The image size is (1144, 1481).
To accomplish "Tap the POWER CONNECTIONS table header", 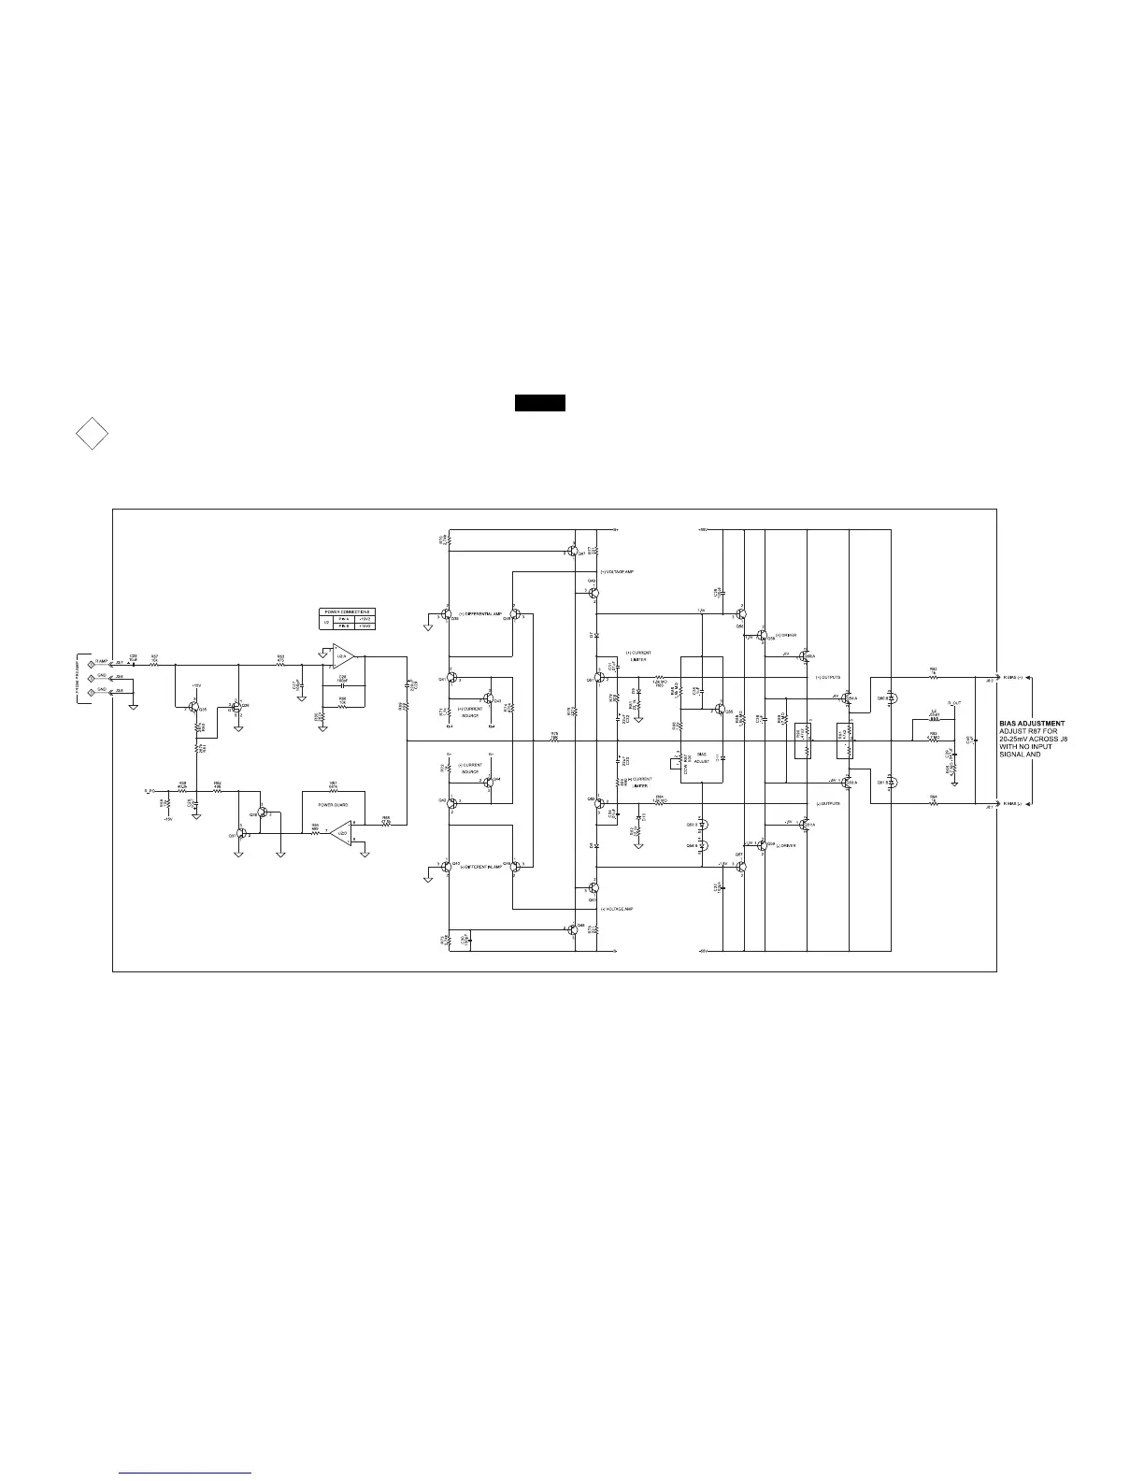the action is click(347, 611).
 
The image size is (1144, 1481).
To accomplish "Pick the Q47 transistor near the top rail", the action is click(571, 552).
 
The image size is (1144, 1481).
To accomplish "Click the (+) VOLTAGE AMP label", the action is click(619, 571).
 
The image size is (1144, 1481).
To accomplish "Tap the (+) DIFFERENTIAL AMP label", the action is click(480, 613).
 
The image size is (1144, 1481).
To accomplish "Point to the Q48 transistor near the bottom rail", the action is click(571, 928).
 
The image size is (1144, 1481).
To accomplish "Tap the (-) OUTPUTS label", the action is click(828, 803).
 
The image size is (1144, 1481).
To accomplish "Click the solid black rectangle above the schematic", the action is click(539, 403).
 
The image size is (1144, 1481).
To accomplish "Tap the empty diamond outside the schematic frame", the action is click(92, 435).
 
